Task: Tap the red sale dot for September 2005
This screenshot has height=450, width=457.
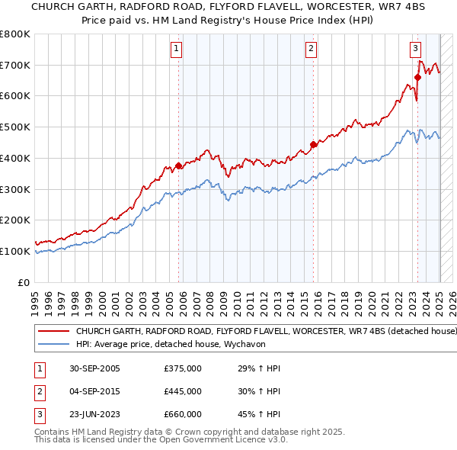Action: [x=179, y=166]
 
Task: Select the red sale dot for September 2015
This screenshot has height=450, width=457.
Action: [x=313, y=144]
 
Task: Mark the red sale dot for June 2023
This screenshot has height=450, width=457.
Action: [x=417, y=77]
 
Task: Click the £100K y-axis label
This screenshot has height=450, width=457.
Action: [x=15, y=251]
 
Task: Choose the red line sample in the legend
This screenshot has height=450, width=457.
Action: [x=53, y=332]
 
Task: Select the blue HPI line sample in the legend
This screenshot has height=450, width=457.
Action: [x=53, y=345]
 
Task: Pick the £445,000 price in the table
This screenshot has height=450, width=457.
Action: [x=183, y=391]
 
